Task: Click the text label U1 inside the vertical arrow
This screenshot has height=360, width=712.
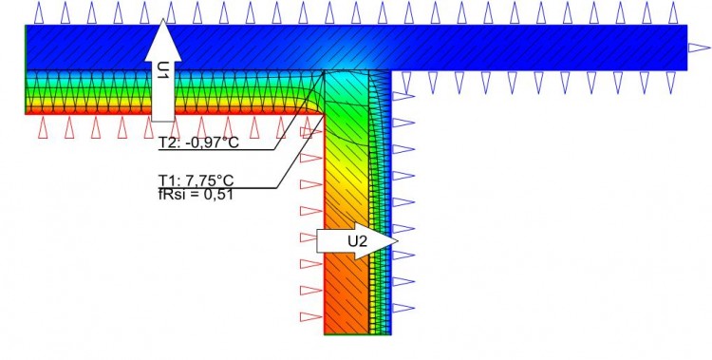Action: tap(163, 72)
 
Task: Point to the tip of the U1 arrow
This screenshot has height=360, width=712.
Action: tap(163, 19)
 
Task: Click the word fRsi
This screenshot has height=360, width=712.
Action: tap(172, 195)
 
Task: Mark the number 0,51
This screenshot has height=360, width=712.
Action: tap(217, 195)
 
